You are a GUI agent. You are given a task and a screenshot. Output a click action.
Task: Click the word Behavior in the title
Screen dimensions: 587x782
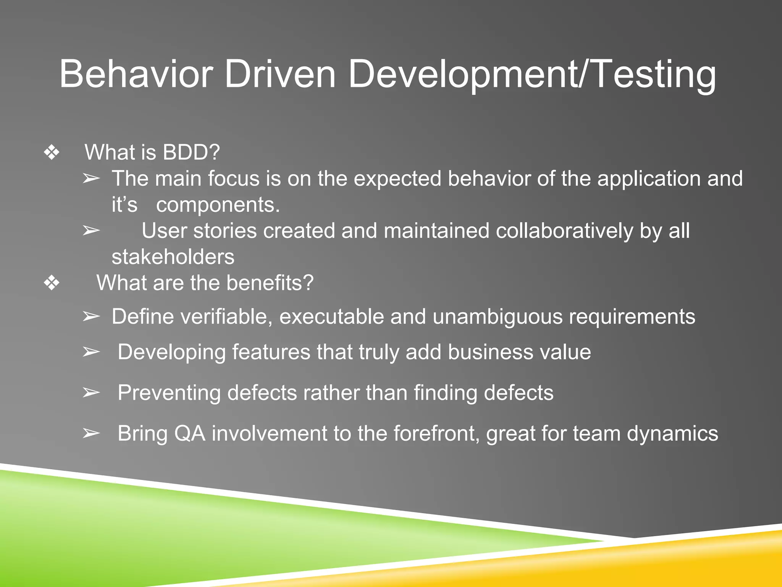(136, 74)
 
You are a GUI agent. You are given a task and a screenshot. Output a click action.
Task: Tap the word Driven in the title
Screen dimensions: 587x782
(280, 74)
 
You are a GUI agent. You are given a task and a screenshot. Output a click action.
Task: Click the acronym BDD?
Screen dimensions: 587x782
(191, 152)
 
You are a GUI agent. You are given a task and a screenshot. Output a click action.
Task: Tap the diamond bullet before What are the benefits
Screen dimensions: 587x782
(52, 283)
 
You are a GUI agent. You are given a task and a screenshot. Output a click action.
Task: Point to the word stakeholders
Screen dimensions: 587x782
(173, 257)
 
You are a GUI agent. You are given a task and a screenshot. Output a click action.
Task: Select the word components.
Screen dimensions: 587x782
(218, 205)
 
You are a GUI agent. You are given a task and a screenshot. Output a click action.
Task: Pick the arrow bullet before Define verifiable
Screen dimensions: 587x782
(91, 317)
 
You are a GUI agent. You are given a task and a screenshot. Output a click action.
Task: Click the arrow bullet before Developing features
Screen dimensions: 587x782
(91, 352)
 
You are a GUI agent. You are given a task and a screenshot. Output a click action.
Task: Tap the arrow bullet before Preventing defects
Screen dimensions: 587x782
(91, 393)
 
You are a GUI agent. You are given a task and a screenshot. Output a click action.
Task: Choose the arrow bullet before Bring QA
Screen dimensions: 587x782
(91, 434)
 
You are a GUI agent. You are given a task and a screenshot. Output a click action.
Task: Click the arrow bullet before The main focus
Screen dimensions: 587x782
(91, 178)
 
